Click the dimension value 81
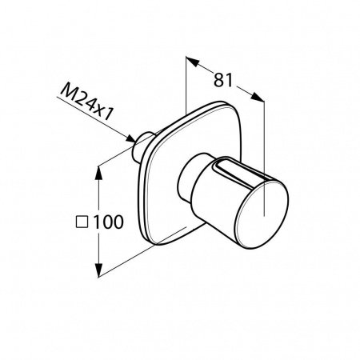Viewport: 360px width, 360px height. [223, 80]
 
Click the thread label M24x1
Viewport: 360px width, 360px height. [86, 102]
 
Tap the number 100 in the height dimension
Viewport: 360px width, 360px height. [108, 222]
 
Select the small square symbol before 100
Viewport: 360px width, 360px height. [82, 222]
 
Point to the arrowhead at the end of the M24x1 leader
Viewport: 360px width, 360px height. [130, 138]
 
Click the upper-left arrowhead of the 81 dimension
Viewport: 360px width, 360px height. [192, 62]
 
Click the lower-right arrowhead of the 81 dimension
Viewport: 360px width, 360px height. [258, 97]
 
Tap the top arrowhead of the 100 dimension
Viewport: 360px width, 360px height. [98, 173]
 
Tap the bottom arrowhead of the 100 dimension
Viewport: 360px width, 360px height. [98, 270]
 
